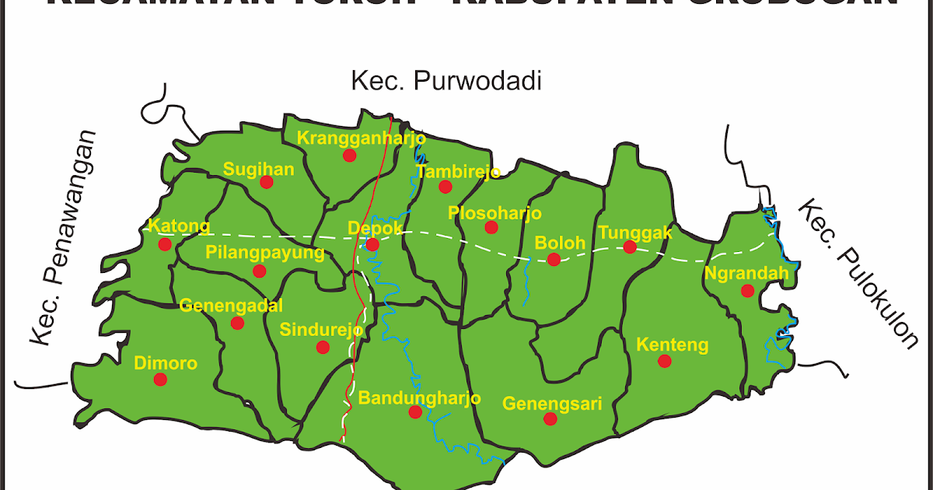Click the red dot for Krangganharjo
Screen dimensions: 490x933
349,155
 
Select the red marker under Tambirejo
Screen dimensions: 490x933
445,187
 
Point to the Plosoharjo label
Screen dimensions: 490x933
494,212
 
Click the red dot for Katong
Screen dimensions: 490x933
165,244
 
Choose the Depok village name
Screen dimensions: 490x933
375,228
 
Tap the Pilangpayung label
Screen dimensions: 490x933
264,252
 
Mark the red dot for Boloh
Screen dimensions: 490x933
554,259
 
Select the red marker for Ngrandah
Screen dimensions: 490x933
747,291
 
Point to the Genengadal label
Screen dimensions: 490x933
231,305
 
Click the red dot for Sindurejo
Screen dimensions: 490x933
323,347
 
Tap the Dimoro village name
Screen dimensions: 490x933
166,362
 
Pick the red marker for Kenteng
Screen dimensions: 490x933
664,361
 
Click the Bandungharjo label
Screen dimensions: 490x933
420,397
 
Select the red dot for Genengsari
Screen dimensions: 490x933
550,418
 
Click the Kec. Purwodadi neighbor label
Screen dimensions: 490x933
446,81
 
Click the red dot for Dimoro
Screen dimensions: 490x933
160,380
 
